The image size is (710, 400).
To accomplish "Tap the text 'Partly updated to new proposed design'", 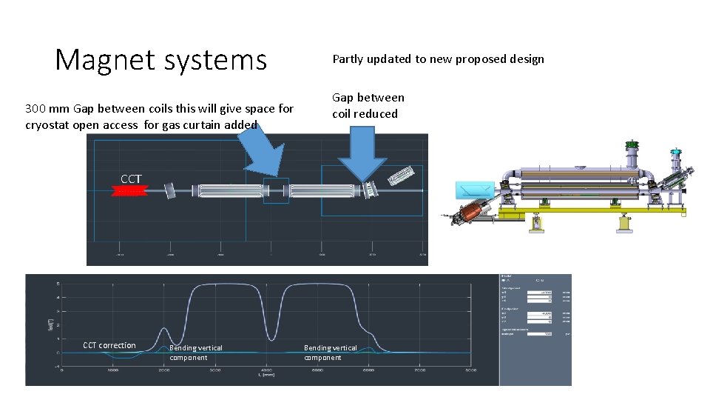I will pos(438,59).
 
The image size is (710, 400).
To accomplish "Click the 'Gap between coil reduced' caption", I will pos(368,105).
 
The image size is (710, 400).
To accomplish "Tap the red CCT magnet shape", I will pos(129,191).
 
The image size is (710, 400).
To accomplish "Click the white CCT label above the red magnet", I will pos(131,179).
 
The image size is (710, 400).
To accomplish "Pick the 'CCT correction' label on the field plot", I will pos(109,345).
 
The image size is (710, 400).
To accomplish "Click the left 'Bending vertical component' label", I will pos(196,352).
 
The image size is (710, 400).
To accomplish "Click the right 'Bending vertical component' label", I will pos(330,352).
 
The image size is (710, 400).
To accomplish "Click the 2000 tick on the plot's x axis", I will pos(163,370).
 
